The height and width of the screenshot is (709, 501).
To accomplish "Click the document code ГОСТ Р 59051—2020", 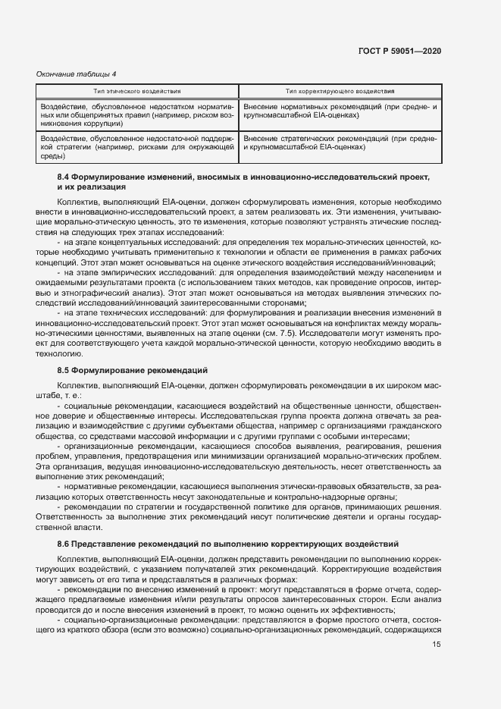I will (399, 51).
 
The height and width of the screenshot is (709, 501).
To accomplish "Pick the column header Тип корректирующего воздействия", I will (340, 91).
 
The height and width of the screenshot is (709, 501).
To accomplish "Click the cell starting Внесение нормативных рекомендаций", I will (340, 112).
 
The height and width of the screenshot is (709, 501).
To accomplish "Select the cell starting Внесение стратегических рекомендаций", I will (340, 143).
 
